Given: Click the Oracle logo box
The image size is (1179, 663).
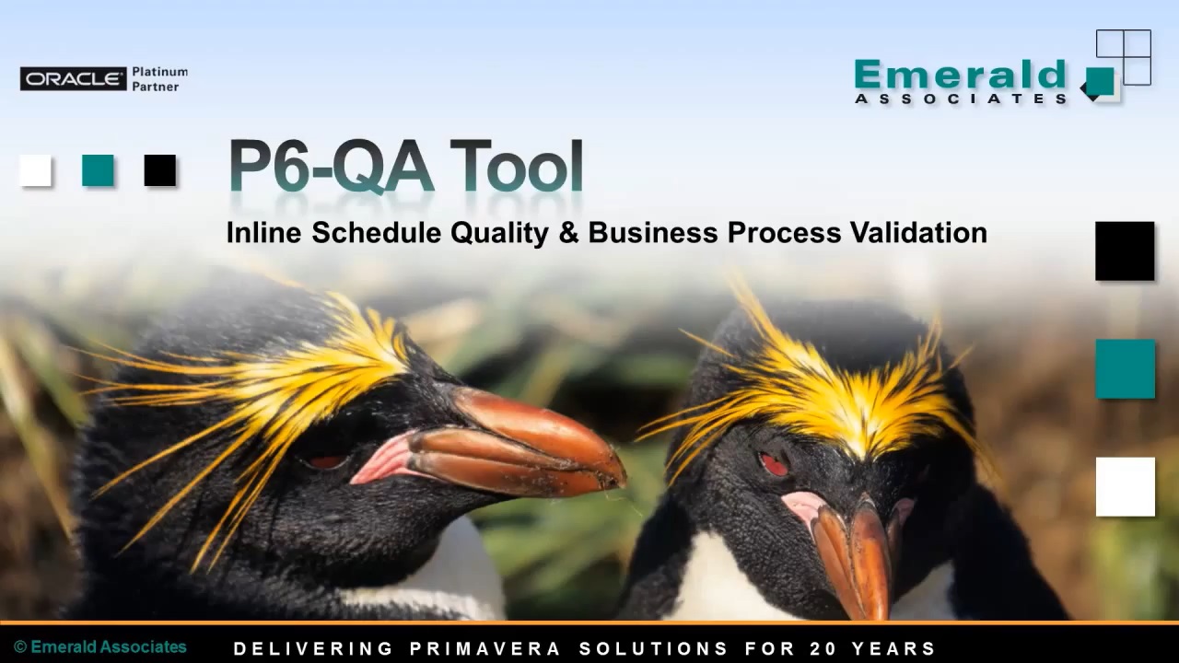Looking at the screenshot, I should [73, 79].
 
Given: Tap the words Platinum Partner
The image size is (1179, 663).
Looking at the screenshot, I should [159, 79].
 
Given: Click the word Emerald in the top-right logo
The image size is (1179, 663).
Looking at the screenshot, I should [960, 75].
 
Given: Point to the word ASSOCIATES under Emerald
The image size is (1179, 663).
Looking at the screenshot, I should [960, 99].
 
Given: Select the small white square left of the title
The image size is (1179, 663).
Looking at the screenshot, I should [36, 170].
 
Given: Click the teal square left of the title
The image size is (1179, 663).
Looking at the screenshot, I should [98, 170].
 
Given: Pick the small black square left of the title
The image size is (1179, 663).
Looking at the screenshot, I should [159, 170].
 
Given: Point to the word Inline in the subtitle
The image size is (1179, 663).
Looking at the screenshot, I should [263, 233].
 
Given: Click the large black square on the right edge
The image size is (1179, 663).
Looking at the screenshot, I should [1125, 250].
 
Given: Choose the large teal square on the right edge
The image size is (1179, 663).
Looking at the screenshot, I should [1125, 368].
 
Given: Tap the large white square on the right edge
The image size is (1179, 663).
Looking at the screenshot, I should [1125, 486].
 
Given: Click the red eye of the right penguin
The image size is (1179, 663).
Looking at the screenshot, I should [774, 465].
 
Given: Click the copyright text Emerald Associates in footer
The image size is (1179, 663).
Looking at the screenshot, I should [100, 647].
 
